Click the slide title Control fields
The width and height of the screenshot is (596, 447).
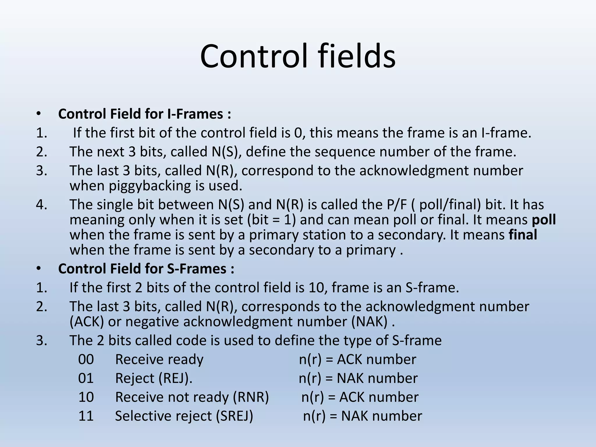(298, 56)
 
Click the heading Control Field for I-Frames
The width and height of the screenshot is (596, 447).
(144, 114)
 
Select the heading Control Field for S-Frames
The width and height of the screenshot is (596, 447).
(146, 269)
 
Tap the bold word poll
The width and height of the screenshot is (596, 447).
(544, 220)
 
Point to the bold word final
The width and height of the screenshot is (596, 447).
(523, 235)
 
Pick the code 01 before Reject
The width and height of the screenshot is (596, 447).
(86, 378)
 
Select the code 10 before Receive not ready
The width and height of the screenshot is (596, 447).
(86, 397)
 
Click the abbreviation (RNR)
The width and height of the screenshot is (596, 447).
(251, 397)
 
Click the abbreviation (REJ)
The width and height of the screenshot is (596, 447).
(175, 378)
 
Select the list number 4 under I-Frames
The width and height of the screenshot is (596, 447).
(42, 205)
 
